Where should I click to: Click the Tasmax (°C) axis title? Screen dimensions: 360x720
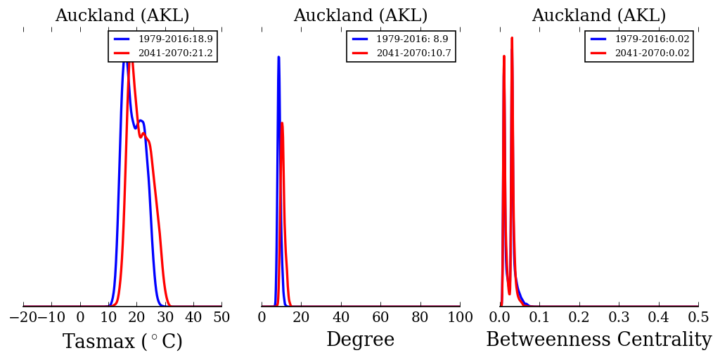click(122, 342)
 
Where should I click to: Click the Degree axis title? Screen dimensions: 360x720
click(360, 340)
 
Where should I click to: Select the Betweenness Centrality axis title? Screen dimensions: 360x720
click(599, 340)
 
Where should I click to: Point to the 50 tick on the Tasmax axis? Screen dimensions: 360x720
click(221, 318)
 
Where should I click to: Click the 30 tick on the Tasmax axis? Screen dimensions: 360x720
click(165, 318)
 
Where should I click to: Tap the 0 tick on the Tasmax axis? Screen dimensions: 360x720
click(80, 318)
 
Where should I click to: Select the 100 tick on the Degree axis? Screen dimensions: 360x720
click(460, 318)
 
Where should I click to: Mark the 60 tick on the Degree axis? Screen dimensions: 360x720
click(380, 318)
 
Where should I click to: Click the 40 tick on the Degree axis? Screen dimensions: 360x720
click(341, 318)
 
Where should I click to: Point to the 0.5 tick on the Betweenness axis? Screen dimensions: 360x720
click(698, 318)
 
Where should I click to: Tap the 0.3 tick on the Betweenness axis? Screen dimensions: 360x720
click(619, 318)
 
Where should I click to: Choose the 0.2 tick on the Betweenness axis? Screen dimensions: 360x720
click(579, 318)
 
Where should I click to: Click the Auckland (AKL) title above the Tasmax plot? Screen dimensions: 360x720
click(122, 16)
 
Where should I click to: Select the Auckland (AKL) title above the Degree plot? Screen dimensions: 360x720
click(360, 16)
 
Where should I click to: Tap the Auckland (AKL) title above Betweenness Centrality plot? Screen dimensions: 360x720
click(599, 16)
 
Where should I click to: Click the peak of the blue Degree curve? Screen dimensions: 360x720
click(278, 58)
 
